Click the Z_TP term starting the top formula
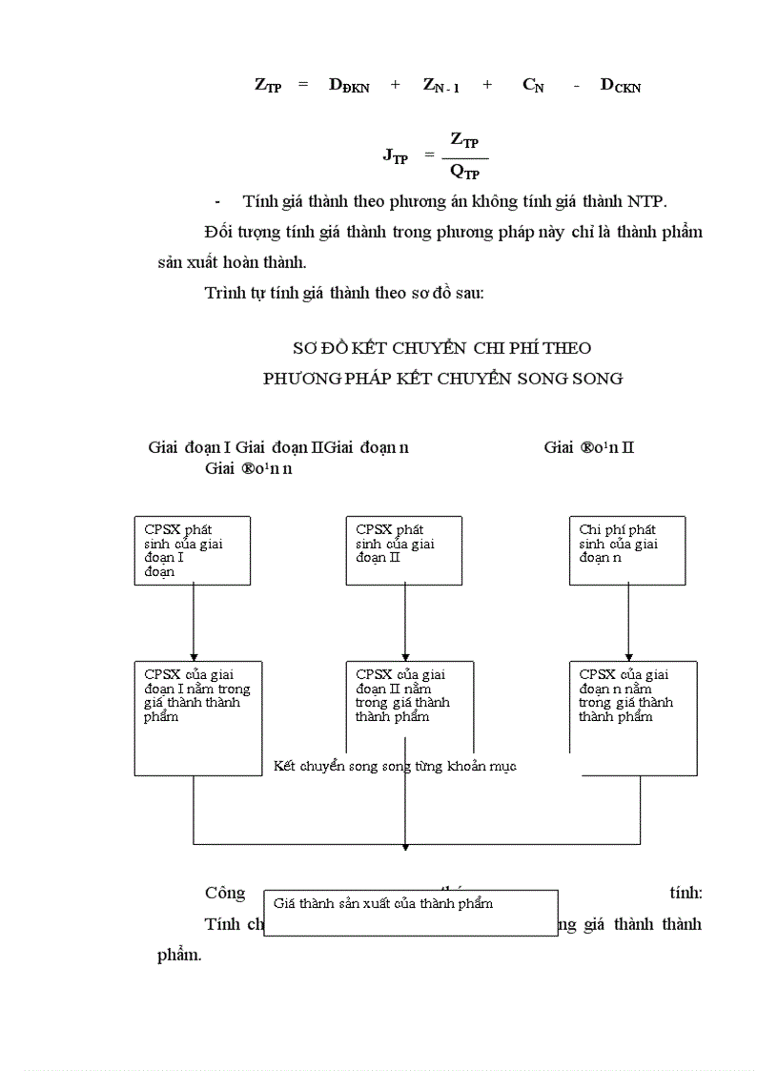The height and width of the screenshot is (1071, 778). (267, 85)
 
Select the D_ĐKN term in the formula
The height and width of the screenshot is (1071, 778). (349, 85)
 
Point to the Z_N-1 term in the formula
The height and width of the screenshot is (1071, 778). (440, 85)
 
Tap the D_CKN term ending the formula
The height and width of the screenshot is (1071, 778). (620, 85)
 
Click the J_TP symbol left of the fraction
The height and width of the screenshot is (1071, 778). (395, 155)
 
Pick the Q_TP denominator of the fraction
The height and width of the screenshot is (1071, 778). (464, 172)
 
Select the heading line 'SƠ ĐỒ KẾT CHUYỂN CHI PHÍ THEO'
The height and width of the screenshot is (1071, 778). (441, 348)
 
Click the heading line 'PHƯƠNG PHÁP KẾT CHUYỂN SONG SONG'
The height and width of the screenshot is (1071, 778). (442, 379)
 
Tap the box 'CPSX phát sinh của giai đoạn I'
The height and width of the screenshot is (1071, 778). (193, 550)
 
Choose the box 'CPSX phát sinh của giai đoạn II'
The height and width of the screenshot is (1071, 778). (403, 550)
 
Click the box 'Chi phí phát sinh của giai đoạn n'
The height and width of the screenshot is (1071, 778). (627, 550)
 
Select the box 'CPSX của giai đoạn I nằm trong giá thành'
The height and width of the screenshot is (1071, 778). (197, 717)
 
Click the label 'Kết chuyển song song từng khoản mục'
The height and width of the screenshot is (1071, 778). (395, 766)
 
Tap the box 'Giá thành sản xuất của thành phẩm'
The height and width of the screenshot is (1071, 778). (410, 913)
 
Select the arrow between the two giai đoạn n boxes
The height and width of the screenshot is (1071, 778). (627, 622)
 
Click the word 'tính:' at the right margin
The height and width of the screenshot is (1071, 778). (686, 894)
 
